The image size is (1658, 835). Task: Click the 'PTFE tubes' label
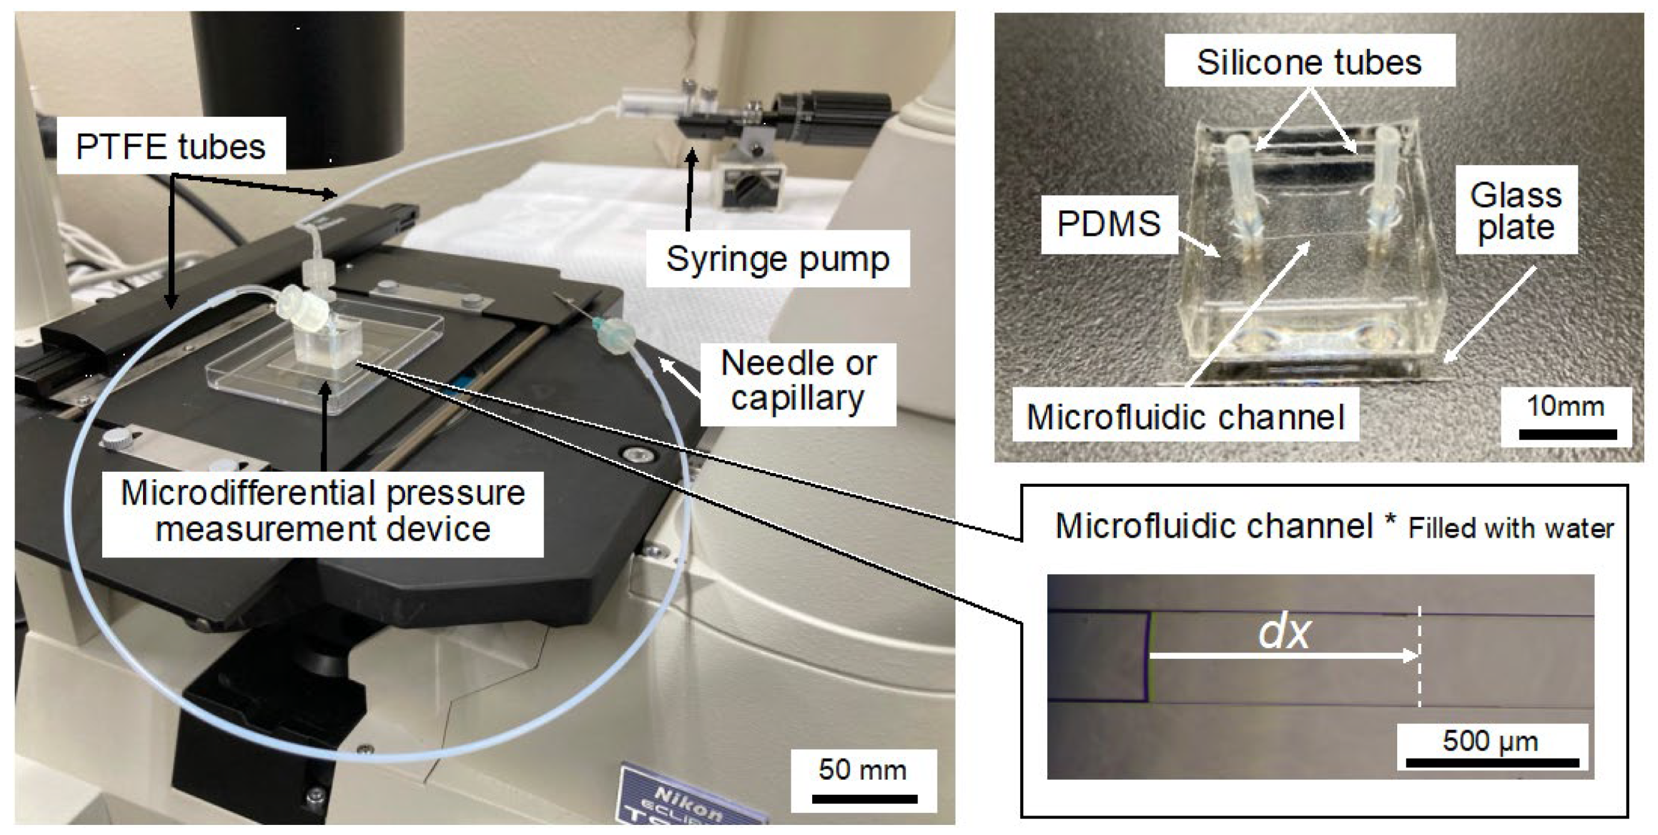pyautogui.click(x=171, y=147)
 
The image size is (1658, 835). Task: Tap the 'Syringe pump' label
pyautogui.click(x=778, y=259)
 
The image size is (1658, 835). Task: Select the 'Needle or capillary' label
pyautogui.click(x=798, y=381)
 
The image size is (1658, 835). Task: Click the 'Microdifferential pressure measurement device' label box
pyautogui.click(x=323, y=511)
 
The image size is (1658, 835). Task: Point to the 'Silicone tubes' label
pyautogui.click(x=1309, y=63)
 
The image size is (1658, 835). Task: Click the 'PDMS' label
pyautogui.click(x=1108, y=224)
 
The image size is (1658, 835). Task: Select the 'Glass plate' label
pyautogui.click(x=1516, y=211)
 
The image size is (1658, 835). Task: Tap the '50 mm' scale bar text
pyautogui.click(x=862, y=770)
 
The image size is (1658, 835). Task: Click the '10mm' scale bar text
pyautogui.click(x=1565, y=407)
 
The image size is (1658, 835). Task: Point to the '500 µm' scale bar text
pyautogui.click(x=1490, y=741)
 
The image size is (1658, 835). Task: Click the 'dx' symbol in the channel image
pyautogui.click(x=1284, y=633)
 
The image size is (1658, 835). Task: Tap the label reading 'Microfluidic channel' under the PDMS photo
pyautogui.click(x=1186, y=417)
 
